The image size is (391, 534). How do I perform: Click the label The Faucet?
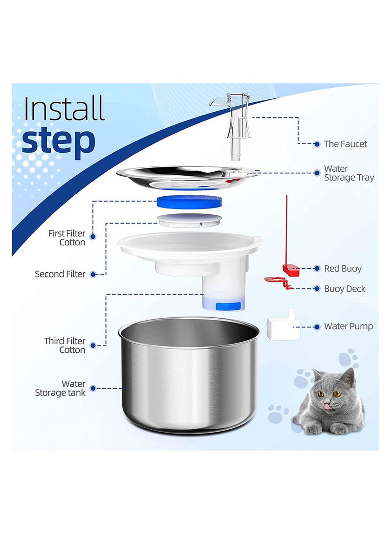(345, 144)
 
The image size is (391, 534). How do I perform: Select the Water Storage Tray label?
(348, 173)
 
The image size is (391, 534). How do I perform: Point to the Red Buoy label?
(343, 269)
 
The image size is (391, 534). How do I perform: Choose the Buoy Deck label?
(345, 289)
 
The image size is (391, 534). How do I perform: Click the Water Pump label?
(348, 326)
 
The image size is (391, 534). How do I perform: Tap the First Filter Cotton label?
(66, 238)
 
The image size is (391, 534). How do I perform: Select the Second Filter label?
(60, 274)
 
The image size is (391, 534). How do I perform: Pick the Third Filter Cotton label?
(65, 346)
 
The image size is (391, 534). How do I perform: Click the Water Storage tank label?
(60, 388)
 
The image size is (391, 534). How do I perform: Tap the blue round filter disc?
(188, 202)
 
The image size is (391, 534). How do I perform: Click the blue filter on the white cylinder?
(228, 305)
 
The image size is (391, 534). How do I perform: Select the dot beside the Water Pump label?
(316, 326)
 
